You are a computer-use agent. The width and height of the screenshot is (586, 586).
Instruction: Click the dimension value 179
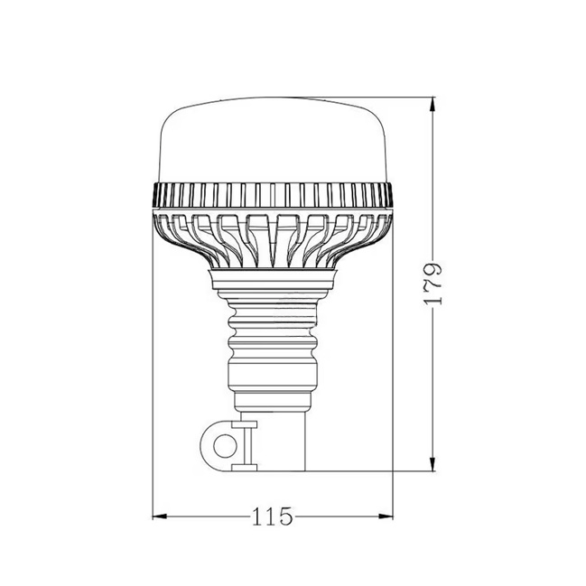point(435,284)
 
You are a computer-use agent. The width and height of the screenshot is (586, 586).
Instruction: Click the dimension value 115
point(273,517)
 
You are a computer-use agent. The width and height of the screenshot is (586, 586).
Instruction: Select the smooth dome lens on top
point(273,140)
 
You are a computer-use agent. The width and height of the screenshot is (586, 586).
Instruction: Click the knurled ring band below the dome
point(273,193)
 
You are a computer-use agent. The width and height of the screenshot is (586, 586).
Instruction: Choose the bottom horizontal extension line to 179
point(379,470)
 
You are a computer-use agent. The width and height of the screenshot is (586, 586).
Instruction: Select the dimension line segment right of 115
point(343,516)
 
